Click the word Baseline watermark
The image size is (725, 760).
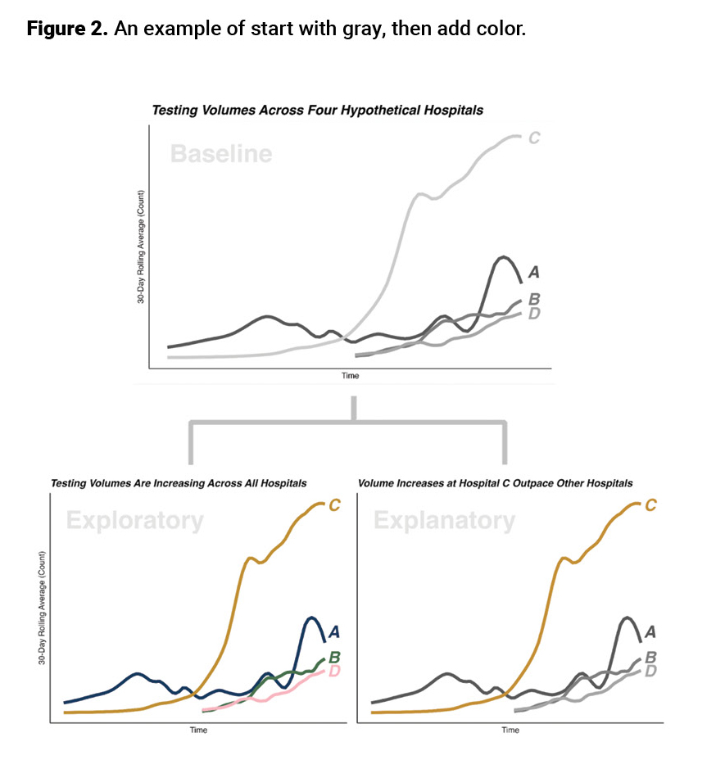click(x=220, y=154)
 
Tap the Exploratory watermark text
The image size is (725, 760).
click(x=134, y=521)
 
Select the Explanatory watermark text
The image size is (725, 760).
click(x=444, y=521)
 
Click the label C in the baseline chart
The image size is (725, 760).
click(x=533, y=138)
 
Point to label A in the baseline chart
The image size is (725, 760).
click(x=533, y=273)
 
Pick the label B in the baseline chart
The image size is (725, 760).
click(x=533, y=300)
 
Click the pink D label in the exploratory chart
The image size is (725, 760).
click(x=334, y=672)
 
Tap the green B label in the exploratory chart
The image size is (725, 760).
click(x=334, y=658)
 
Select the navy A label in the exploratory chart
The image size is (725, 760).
click(x=334, y=631)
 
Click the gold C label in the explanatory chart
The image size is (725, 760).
click(x=650, y=505)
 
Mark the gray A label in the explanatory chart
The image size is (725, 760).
click(x=650, y=631)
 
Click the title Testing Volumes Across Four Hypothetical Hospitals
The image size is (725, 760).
click(x=317, y=110)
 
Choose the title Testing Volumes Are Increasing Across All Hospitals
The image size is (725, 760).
click(x=179, y=483)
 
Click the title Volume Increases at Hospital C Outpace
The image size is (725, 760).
click(x=495, y=483)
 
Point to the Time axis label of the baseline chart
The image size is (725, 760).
click(x=351, y=376)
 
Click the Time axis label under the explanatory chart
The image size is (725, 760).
click(x=510, y=730)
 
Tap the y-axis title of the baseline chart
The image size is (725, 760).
click(x=140, y=247)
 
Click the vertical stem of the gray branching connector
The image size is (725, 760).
click(x=353, y=409)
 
